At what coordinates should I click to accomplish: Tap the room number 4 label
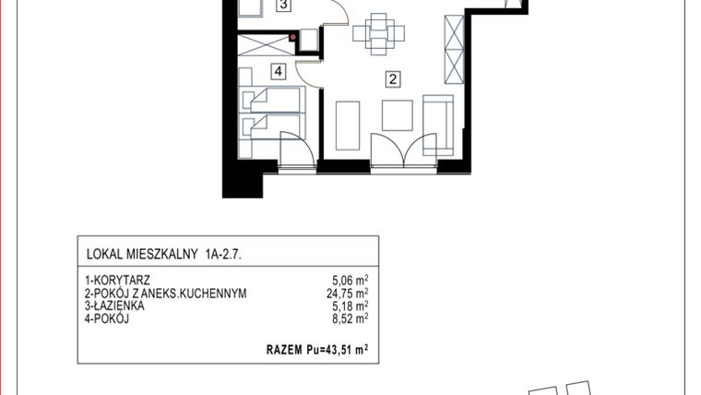(x=277, y=70)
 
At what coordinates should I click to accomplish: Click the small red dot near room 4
(x=293, y=38)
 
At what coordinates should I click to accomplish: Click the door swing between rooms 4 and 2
(x=313, y=72)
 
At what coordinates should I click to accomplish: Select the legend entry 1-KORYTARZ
(x=117, y=280)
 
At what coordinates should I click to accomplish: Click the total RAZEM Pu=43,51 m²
(x=316, y=350)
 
